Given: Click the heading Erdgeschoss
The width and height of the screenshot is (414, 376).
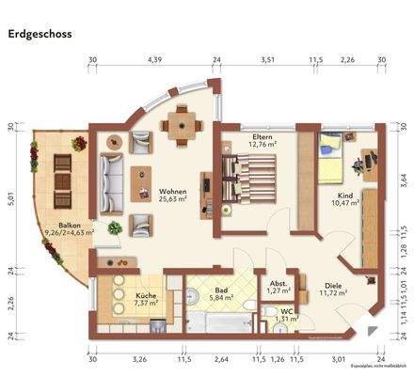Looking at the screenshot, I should tap(42, 34).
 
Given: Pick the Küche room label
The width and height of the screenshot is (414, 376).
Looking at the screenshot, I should tap(146, 299).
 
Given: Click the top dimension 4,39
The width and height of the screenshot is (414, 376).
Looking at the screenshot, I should tap(154, 61).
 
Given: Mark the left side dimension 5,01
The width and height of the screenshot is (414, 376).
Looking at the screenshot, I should tap(10, 198).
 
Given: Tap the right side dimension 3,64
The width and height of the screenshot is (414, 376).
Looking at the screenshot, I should tap(404, 176).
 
